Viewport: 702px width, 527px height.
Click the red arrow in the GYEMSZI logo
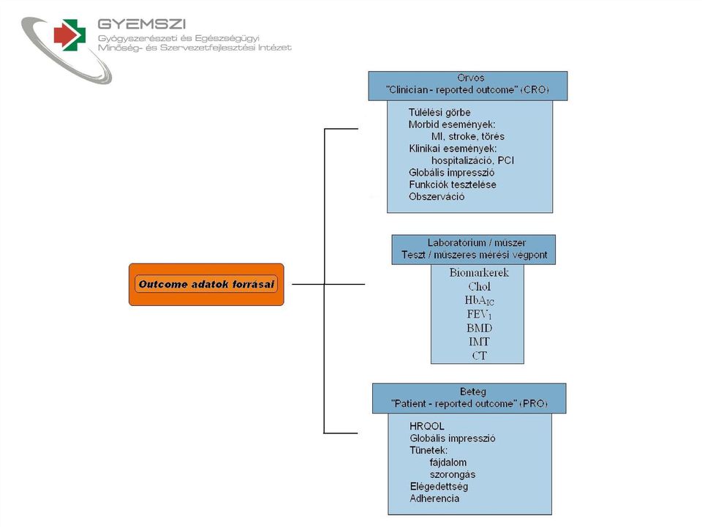(64, 34)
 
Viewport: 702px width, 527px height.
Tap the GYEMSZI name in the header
(141, 24)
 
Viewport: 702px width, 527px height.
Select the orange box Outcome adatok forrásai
(206, 285)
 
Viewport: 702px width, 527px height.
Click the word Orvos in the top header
(470, 78)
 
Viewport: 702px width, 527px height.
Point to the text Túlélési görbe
(439, 113)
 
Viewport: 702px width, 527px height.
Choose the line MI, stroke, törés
(467, 137)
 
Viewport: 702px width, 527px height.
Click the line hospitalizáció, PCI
(472, 160)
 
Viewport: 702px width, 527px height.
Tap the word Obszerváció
(437, 197)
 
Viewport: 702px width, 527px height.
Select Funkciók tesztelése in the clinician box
(452, 184)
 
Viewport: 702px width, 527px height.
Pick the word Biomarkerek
(479, 272)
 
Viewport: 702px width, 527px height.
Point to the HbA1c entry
(479, 300)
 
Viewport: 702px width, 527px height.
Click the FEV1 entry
(479, 314)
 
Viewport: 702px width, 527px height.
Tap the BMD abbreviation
(479, 328)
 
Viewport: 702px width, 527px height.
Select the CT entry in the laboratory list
(479, 356)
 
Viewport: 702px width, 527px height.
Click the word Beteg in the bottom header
(473, 392)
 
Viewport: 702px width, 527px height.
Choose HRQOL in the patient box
(426, 426)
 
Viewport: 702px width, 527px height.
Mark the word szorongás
(453, 474)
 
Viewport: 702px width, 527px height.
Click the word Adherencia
(434, 498)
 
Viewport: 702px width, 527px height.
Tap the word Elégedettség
(439, 487)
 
